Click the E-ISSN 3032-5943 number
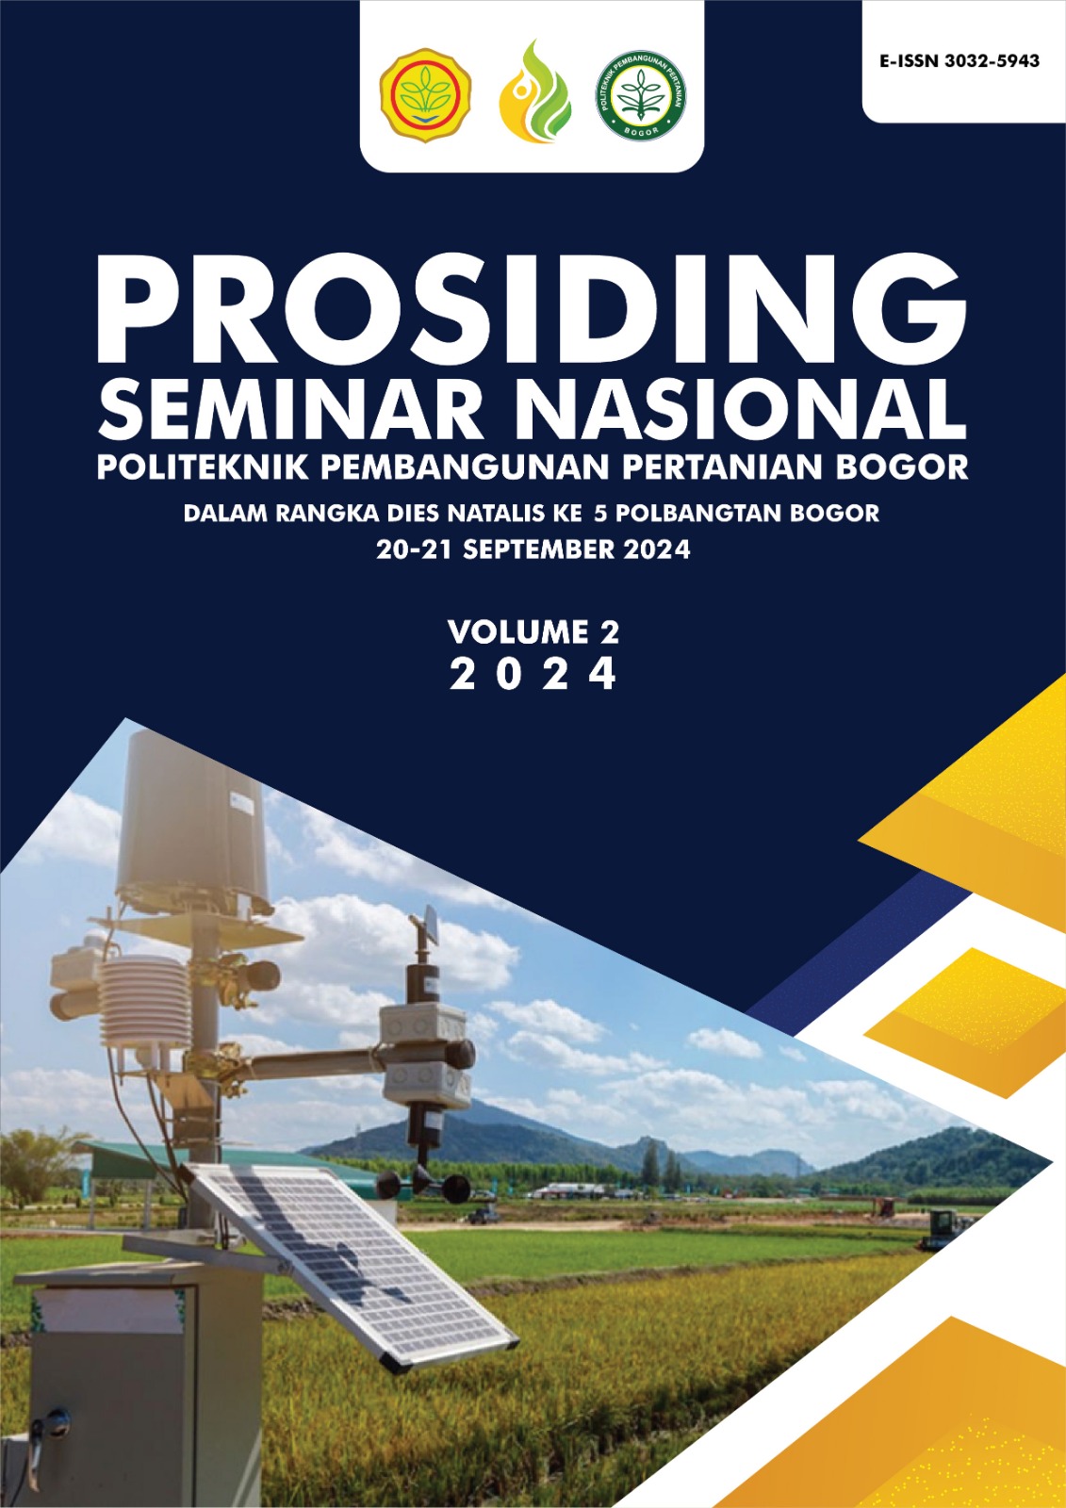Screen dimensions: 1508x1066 pos(959,61)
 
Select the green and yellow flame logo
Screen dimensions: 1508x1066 pos(534,92)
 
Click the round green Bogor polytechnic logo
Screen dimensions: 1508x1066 pos(641,94)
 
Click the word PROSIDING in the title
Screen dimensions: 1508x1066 pos(532,306)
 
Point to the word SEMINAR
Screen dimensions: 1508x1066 pos(290,409)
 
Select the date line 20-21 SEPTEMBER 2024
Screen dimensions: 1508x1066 pos(533,549)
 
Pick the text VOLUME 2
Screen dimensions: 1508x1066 pos(533,631)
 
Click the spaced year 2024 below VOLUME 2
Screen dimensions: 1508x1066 pos(533,675)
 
